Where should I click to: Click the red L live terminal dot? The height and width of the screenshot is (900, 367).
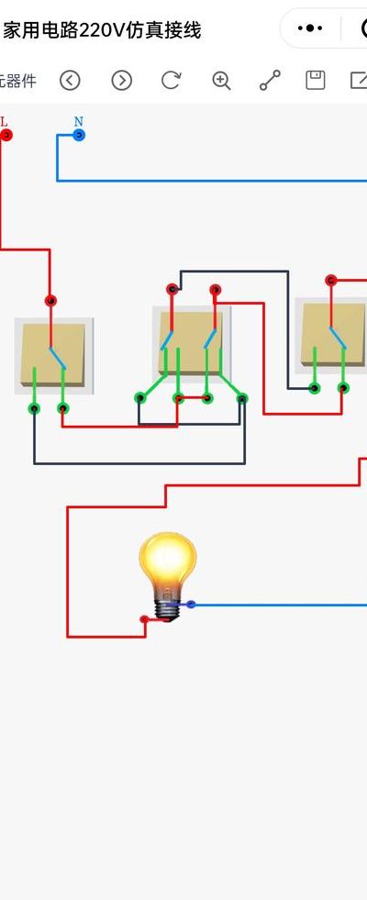(6, 136)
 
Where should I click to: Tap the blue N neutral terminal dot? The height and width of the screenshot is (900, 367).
(79, 136)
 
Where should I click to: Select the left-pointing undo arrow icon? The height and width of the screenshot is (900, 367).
(70, 81)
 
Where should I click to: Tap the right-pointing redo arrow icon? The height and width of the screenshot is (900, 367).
(122, 81)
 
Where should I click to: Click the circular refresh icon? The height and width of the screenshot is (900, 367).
(172, 81)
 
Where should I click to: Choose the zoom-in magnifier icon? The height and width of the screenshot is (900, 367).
(221, 81)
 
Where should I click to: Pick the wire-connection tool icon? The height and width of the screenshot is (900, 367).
(270, 81)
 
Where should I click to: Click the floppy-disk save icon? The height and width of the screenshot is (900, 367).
(316, 81)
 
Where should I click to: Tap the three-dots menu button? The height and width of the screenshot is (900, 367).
(310, 28)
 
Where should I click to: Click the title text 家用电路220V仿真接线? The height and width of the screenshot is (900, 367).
(102, 30)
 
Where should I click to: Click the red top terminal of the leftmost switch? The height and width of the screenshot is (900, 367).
(50, 300)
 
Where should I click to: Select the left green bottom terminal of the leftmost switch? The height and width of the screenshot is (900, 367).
(35, 408)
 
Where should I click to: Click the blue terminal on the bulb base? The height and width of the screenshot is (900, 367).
(191, 605)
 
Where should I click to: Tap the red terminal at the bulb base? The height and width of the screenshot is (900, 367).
(145, 619)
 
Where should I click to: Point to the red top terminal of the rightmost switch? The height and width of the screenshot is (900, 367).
(330, 280)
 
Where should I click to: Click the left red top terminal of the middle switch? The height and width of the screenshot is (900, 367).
(172, 289)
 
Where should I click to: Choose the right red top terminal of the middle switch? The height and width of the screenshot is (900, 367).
(215, 289)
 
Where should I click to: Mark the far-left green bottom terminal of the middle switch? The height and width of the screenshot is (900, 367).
(140, 398)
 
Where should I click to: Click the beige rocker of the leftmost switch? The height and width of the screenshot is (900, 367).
(53, 355)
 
